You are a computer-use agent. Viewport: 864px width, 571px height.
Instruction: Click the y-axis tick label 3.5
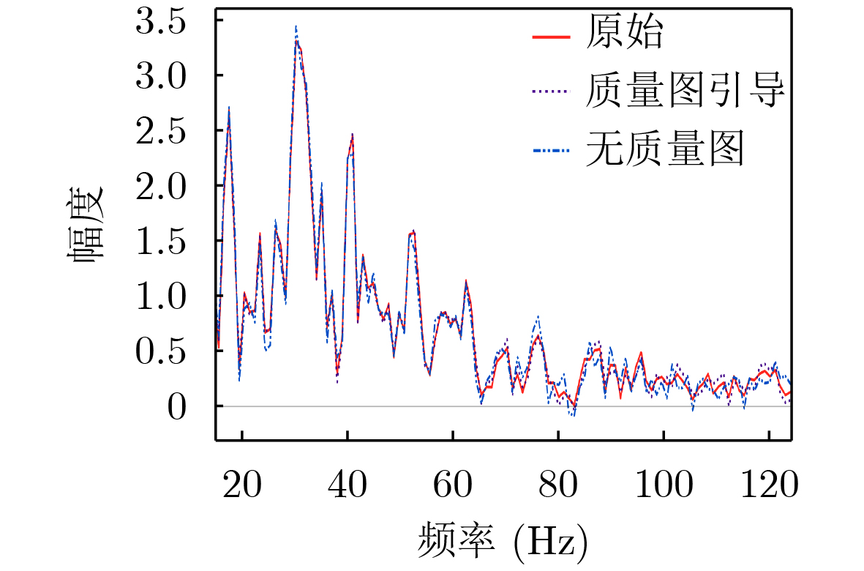click(x=168, y=22)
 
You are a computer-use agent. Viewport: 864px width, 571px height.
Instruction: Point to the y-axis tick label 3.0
click(x=168, y=76)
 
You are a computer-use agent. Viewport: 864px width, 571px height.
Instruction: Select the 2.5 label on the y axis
click(x=168, y=131)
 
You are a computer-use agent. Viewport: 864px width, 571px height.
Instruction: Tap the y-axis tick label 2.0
click(x=168, y=186)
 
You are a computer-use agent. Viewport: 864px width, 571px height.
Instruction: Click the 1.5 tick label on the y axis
click(x=168, y=241)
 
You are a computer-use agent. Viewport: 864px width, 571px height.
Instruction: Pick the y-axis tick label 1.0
click(x=168, y=296)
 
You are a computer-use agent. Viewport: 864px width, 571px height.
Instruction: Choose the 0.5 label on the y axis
click(x=168, y=351)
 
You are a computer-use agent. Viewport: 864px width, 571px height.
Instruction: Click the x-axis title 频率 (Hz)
click(x=503, y=541)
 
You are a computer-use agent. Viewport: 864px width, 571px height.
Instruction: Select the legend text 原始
click(x=624, y=34)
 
